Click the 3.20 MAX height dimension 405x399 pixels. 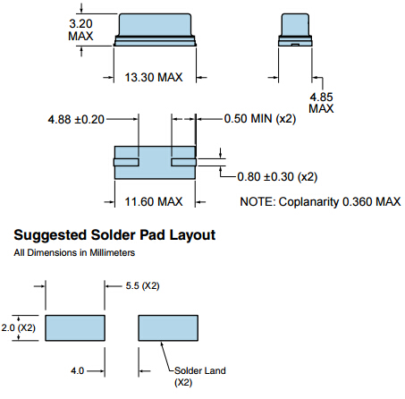tap(80, 30)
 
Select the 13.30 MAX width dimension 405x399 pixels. tap(154, 78)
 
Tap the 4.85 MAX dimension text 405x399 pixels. tap(321, 103)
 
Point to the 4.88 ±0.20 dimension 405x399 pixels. tap(76, 120)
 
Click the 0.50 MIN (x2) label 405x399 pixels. tap(260, 119)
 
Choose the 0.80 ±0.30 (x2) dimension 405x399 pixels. tap(277, 177)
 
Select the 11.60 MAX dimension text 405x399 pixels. tap(154, 202)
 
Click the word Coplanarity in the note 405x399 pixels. tap(308, 202)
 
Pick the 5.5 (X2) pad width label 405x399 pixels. tap(142, 286)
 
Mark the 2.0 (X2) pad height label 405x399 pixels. tap(19, 327)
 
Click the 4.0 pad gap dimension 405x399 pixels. tap(78, 371)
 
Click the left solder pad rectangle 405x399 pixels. tap(75, 328)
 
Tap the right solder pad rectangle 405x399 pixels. tap(168, 328)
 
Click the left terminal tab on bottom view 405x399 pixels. tap(126, 163)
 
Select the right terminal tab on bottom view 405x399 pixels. tap(183, 163)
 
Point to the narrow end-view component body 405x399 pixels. tap(295, 30)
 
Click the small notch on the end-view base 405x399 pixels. tap(295, 45)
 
